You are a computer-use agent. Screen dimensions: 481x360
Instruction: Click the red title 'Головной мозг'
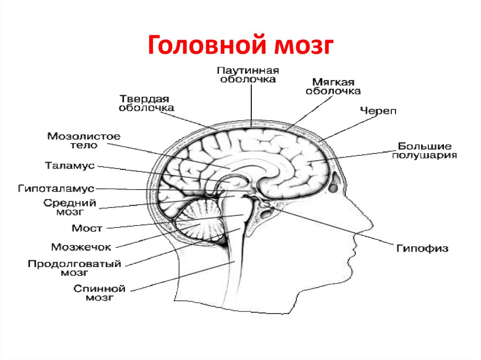240,45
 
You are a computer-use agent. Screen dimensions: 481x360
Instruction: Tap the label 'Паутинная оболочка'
248,75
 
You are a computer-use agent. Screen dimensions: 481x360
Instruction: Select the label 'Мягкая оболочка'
333,86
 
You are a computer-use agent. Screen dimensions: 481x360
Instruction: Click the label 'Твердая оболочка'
147,103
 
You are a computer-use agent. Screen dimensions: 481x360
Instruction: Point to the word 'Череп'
378,111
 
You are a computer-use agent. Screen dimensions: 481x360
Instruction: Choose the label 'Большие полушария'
425,151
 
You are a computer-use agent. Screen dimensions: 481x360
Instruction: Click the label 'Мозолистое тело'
84,140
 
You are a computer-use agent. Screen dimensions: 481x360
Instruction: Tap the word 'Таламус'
70,166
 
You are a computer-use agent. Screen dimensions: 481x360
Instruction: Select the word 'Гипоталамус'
56,188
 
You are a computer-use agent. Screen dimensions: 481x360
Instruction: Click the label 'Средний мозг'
70,207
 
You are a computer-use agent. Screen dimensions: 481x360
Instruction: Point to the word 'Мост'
87,228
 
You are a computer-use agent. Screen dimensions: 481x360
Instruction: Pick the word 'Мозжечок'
81,247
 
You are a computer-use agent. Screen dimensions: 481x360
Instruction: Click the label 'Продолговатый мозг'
75,268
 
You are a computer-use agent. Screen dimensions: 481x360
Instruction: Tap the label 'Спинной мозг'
100,293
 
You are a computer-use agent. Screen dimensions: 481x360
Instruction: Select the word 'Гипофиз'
422,248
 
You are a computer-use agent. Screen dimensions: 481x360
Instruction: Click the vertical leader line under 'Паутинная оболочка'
252,105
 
